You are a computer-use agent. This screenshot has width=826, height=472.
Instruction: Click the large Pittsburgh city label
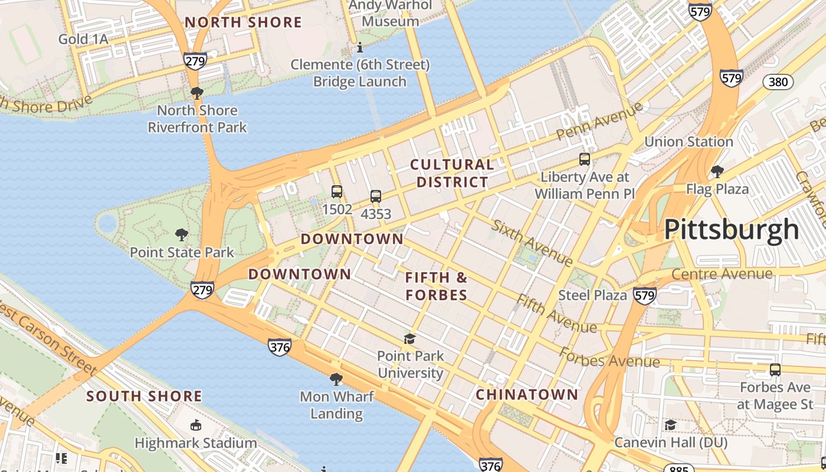(x=732, y=230)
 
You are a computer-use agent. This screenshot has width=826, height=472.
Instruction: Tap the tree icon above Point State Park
(x=182, y=235)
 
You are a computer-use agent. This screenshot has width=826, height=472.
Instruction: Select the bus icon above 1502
(x=337, y=192)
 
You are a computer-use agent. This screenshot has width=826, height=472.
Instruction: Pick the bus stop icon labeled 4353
(x=376, y=196)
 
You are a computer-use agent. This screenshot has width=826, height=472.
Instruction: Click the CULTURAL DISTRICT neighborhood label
(x=452, y=173)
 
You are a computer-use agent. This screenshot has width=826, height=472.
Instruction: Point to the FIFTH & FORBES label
(x=437, y=286)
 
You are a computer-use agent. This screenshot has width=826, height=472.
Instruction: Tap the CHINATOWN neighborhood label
(x=527, y=394)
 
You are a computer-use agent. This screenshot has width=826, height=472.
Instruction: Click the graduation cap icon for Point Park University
(x=409, y=339)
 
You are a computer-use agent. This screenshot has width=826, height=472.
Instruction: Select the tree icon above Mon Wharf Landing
(x=336, y=379)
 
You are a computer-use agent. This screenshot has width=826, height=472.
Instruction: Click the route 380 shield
(x=778, y=82)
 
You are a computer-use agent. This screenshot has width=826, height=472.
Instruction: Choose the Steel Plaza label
(x=592, y=295)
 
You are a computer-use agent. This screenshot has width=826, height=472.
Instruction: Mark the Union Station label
(x=689, y=142)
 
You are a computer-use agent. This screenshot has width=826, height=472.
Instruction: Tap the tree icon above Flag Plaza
(x=717, y=172)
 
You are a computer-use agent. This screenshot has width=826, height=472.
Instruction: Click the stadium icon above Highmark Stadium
(x=195, y=425)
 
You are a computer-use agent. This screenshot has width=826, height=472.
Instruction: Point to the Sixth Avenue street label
(x=532, y=243)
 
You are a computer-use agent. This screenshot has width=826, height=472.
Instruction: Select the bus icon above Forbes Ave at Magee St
(x=775, y=370)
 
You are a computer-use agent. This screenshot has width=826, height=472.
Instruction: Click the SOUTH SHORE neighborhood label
(x=145, y=396)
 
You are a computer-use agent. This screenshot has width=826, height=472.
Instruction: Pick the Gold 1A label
(x=83, y=39)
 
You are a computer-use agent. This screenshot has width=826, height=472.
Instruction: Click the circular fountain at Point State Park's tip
(x=107, y=224)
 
